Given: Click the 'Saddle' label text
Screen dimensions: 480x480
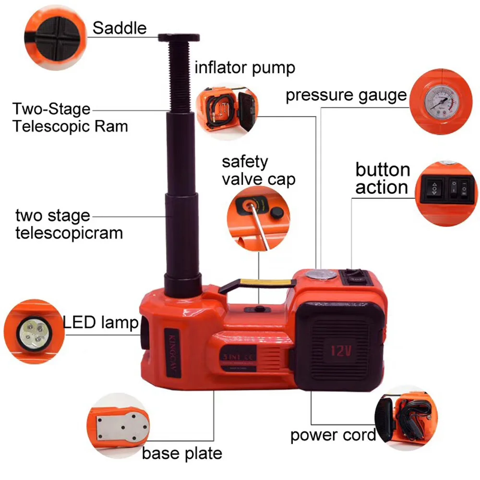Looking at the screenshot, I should pyautogui.click(x=119, y=28).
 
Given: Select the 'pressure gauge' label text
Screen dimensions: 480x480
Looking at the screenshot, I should pyautogui.click(x=346, y=95).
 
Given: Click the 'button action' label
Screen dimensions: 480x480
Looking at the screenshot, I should pyautogui.click(x=383, y=179).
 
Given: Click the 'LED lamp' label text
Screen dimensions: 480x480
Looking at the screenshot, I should pyautogui.click(x=101, y=322).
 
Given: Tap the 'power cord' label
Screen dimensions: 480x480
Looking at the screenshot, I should pyautogui.click(x=333, y=435).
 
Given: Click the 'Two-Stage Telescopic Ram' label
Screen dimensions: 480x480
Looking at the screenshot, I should pyautogui.click(x=70, y=118).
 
